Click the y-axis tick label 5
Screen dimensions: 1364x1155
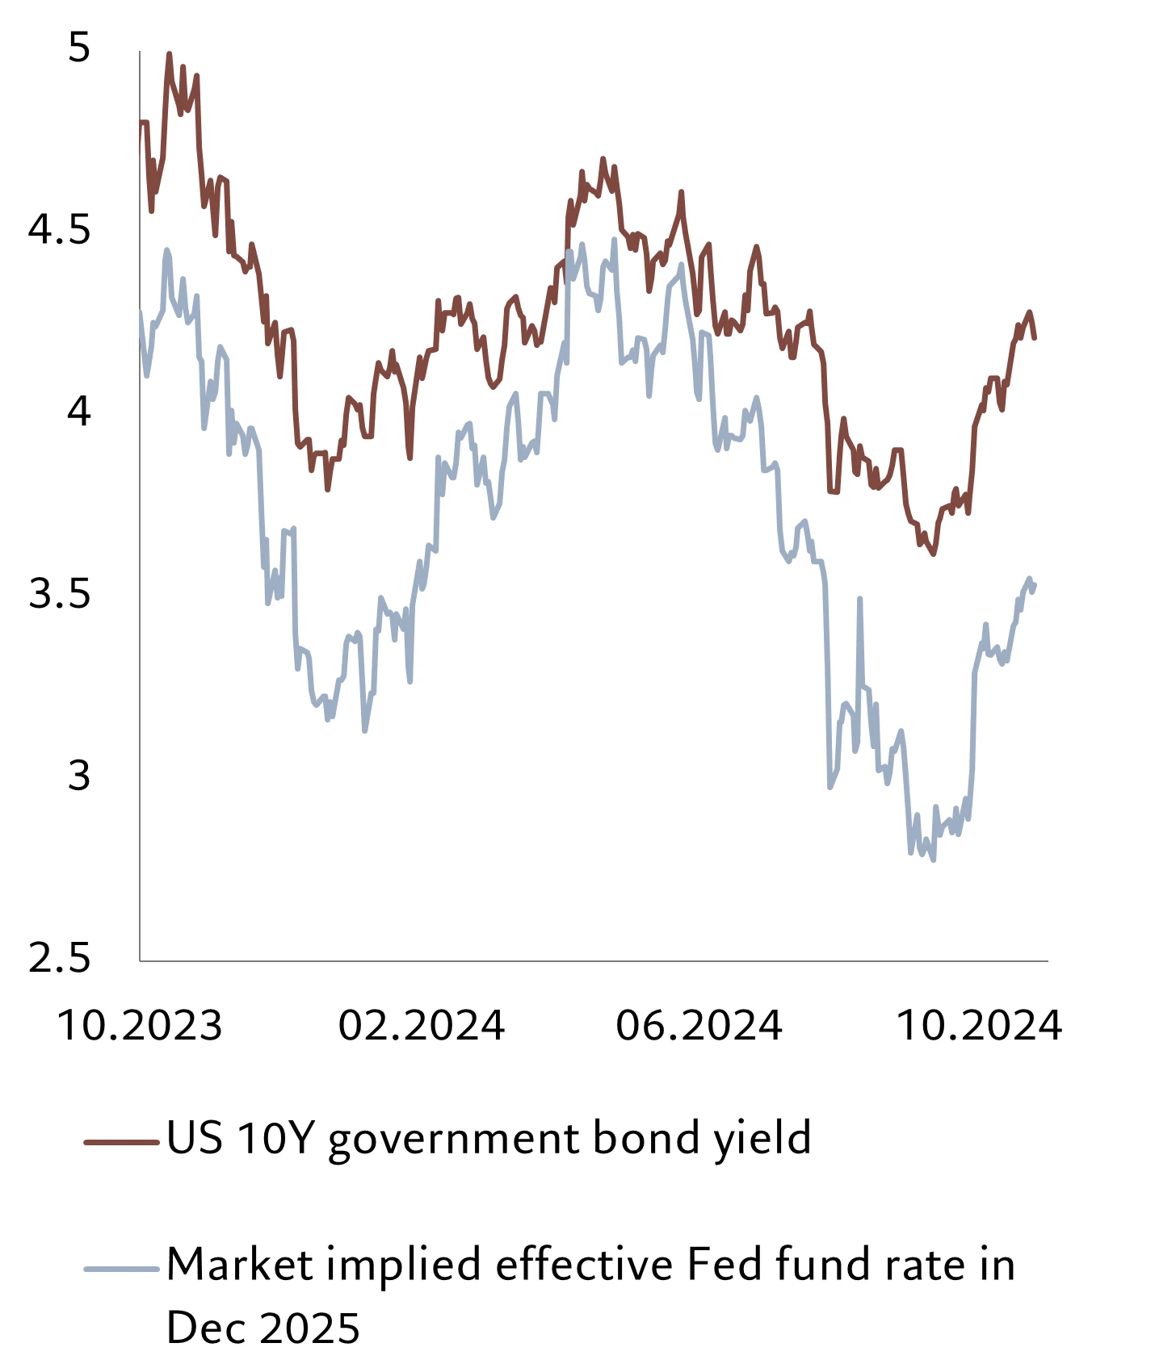[78, 48]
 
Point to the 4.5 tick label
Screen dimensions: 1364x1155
[59, 230]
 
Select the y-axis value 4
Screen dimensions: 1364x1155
[78, 412]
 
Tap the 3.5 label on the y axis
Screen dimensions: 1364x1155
[59, 594]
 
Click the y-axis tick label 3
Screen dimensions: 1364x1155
[78, 776]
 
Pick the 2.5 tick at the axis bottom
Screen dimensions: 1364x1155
[59, 958]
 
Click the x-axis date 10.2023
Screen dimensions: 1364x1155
[140, 1026]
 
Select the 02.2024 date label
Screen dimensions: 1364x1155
[421, 1026]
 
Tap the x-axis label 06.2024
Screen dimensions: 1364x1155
[699, 1026]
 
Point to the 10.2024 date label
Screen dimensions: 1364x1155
[979, 1026]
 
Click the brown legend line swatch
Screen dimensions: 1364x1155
[121, 1141]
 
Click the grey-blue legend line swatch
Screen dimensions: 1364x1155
[121, 1269]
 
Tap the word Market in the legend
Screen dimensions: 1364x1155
[240, 1265]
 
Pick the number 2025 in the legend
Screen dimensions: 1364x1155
[311, 1328]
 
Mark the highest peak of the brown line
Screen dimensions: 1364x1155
[169, 53]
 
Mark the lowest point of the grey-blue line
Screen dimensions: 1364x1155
[934, 860]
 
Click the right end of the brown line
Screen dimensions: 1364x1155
[1035, 337]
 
